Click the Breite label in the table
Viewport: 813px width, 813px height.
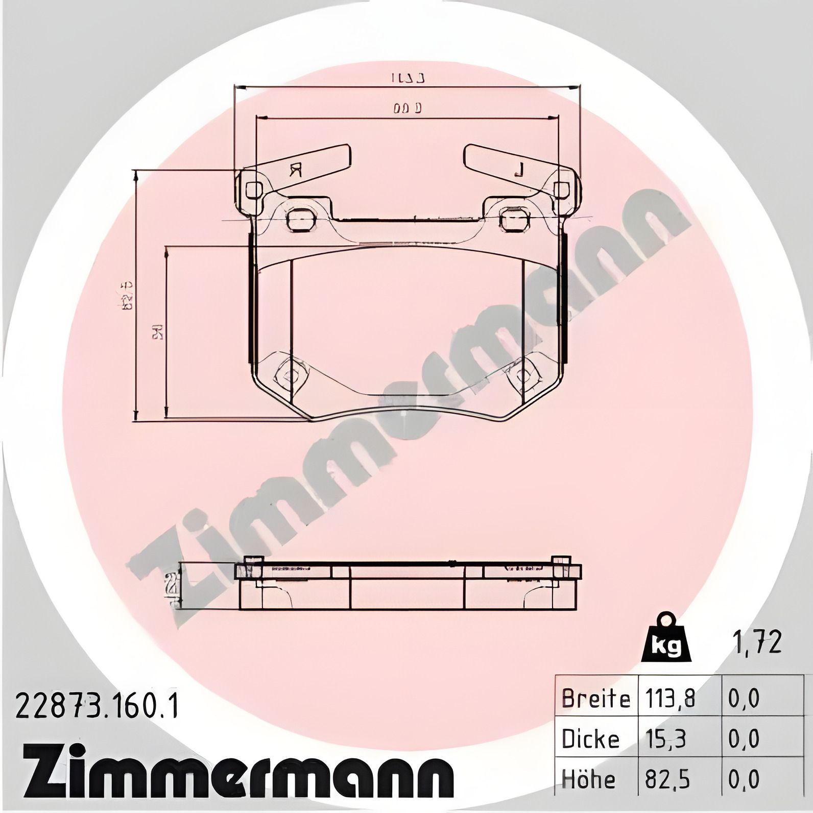coord(595,698)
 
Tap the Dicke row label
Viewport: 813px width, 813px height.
coord(590,738)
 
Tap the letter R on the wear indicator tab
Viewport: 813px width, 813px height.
coord(295,170)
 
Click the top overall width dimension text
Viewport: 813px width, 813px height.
coord(409,79)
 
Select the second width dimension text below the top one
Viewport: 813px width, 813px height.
coord(408,108)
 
